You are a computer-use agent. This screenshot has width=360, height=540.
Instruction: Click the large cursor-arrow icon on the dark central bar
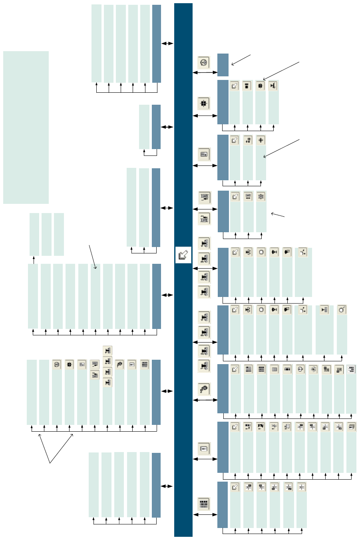(183, 255)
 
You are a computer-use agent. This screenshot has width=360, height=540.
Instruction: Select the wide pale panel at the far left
(26, 127)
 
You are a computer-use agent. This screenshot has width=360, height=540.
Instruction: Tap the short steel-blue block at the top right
(223, 65)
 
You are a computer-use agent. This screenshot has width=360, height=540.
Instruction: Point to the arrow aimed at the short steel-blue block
(241, 60)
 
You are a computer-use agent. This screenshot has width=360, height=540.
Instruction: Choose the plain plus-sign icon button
(261, 140)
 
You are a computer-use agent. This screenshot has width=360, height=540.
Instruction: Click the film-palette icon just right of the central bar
(204, 389)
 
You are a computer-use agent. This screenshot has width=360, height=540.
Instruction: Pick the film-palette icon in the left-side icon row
(119, 365)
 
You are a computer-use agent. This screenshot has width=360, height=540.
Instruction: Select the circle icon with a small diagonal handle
(342, 309)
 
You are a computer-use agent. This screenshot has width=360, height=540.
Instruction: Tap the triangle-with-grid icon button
(324, 309)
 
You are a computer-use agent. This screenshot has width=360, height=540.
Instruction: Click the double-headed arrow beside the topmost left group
(167, 43)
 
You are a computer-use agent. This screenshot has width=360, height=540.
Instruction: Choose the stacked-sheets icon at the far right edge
(351, 427)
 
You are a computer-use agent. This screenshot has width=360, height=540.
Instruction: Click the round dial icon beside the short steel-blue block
(204, 62)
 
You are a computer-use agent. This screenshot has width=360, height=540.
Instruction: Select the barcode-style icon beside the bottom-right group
(204, 504)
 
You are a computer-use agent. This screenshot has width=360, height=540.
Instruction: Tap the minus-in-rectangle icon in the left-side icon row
(132, 365)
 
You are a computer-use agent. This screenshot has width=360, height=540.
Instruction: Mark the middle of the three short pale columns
(47, 234)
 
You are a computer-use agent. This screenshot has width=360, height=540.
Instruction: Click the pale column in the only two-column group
(144, 127)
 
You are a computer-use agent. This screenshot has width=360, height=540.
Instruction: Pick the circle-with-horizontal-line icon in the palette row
(300, 369)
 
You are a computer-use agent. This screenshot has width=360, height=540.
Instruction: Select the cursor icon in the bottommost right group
(235, 487)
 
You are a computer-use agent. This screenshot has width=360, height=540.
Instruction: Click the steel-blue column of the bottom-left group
(156, 485)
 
